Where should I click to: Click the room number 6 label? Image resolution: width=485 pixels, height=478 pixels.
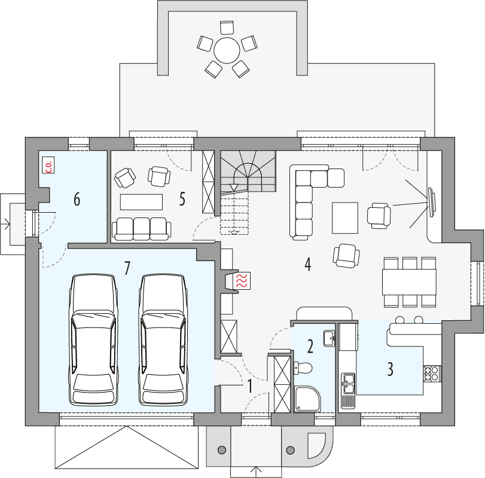[x=77, y=200]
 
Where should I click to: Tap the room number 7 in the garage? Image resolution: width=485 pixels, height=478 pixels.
[x=127, y=268]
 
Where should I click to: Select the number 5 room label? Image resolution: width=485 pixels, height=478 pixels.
[x=182, y=199]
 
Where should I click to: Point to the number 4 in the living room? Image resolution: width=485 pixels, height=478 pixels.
[x=307, y=264]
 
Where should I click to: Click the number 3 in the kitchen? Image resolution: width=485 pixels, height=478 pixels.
[x=390, y=369]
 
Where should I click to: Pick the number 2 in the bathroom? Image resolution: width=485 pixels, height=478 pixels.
[x=310, y=346]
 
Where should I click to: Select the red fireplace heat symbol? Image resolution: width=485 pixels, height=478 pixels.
[x=243, y=281]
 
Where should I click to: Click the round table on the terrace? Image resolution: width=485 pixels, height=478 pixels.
[x=227, y=50]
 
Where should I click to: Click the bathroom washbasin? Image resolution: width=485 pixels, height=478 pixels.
[x=328, y=338]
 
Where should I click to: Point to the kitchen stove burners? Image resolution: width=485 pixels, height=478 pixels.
[x=432, y=373]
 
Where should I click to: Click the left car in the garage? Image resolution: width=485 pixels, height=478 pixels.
[x=93, y=339]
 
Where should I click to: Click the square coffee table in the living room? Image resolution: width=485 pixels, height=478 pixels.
[x=345, y=217]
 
